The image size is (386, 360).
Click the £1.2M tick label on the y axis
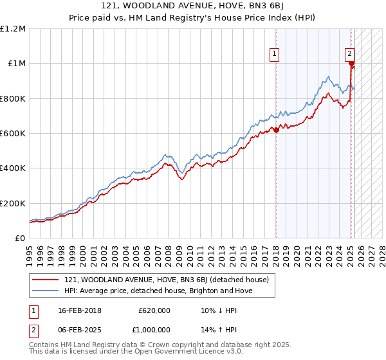[13, 29]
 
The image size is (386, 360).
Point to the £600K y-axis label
[13, 134]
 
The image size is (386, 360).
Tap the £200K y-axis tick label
[13, 203]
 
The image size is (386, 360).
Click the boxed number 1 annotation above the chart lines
[275, 54]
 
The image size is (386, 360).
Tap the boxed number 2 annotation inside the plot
[349, 54]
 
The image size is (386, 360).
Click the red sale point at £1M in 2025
[351, 64]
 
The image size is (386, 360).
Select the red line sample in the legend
[45, 280]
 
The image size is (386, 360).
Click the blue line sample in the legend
[45, 291]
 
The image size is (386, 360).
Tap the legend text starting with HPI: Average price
[158, 291]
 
